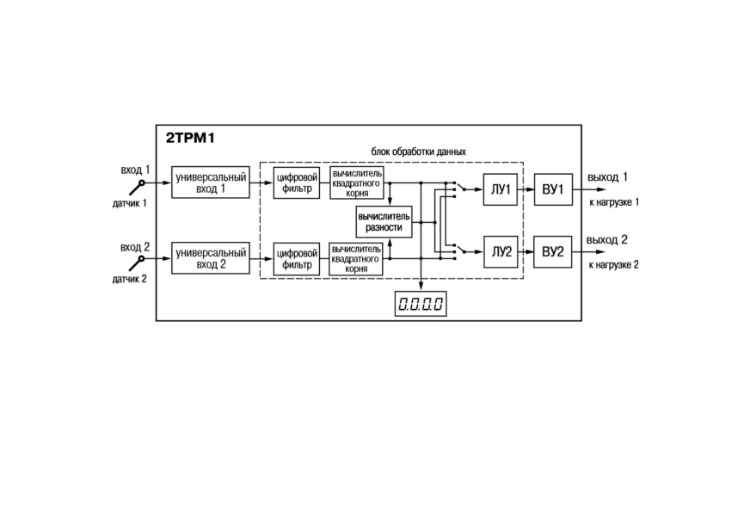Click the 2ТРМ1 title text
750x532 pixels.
coord(190,139)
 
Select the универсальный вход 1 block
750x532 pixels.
coord(211,182)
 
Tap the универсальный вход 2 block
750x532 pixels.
coord(211,258)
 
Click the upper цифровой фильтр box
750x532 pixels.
coord(297,182)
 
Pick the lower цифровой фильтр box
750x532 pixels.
coord(297,259)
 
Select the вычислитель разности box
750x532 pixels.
coord(384,222)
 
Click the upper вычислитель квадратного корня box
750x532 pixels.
coord(357,182)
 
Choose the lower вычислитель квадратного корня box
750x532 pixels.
coord(356,259)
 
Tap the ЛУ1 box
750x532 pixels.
coord(501,189)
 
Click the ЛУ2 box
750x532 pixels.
coord(501,252)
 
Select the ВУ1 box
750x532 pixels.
coord(553,189)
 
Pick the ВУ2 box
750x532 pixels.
coord(552,252)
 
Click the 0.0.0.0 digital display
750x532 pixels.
coord(421,304)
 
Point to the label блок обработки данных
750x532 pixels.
coord(419,152)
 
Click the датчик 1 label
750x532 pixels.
coord(130,203)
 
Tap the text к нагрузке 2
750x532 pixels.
coord(614,265)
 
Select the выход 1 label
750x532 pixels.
coord(607,177)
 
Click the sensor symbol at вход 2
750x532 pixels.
coord(137,263)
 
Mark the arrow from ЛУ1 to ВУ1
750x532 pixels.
coord(526,189)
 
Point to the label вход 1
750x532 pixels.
coord(135,170)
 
